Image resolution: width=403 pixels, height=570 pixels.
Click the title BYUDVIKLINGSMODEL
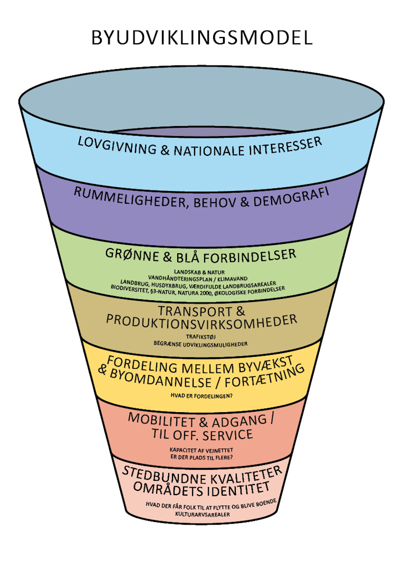pos(201,37)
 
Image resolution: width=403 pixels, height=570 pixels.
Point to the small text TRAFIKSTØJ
pos(201,336)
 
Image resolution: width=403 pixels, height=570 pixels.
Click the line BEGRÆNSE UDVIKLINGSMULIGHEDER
pos(201,344)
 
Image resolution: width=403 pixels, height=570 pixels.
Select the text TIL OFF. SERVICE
pos(201,434)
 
